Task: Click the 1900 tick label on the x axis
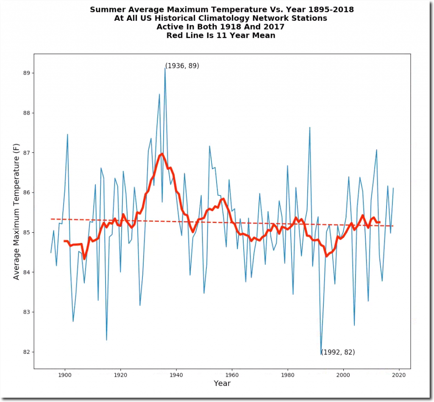[x=64, y=374]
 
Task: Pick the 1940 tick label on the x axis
[x=176, y=374]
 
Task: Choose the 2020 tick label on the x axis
[x=399, y=374]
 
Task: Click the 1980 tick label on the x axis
[x=287, y=374]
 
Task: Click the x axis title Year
[x=222, y=383]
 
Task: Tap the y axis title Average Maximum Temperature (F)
[x=17, y=211]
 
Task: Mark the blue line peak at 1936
[x=165, y=68]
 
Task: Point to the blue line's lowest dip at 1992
[x=321, y=354]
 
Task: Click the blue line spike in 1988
[x=310, y=127]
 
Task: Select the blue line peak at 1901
[x=67, y=134]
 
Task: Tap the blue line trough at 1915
[x=106, y=340]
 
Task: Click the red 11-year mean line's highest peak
[x=162, y=154]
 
